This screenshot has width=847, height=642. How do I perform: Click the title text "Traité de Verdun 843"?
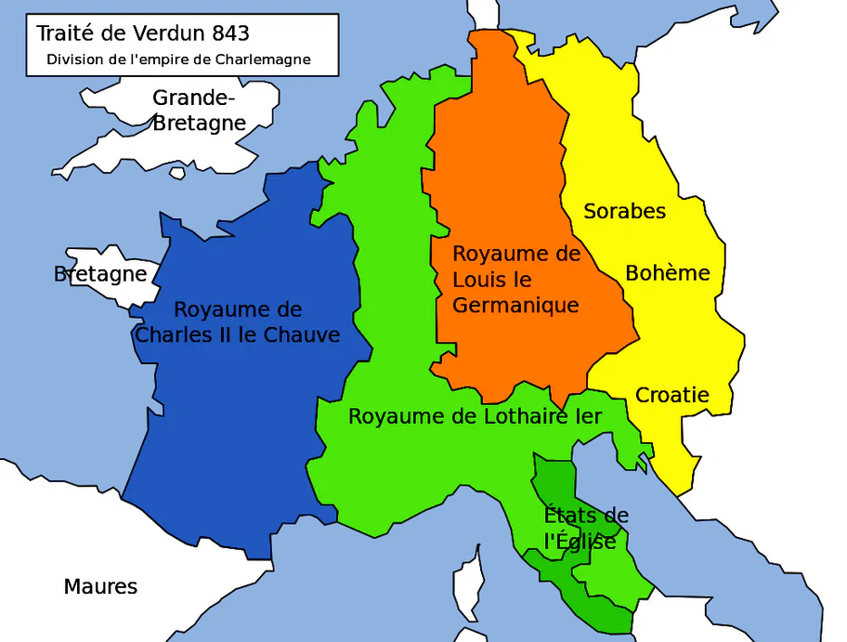pos(143,33)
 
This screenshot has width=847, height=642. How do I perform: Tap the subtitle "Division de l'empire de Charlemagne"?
pos(179,60)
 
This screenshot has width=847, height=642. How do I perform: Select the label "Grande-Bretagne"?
pos(199,110)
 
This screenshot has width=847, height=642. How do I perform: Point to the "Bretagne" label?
pos(100,274)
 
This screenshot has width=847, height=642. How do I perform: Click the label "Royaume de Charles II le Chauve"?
pos(238,322)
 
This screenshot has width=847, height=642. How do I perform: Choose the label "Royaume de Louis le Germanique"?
pos(516,279)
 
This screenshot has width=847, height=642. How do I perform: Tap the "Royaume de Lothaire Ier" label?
pos(475,416)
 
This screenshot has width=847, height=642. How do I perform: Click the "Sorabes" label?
pos(624,211)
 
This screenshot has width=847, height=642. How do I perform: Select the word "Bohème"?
pos(667,273)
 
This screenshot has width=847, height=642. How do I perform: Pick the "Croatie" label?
pos(671,395)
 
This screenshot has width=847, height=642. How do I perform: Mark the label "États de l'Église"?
pos(585,529)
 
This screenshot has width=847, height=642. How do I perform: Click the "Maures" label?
pos(100,587)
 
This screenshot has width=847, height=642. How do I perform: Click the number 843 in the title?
pos(230,33)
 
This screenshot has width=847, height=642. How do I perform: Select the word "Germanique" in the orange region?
pos(515,306)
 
